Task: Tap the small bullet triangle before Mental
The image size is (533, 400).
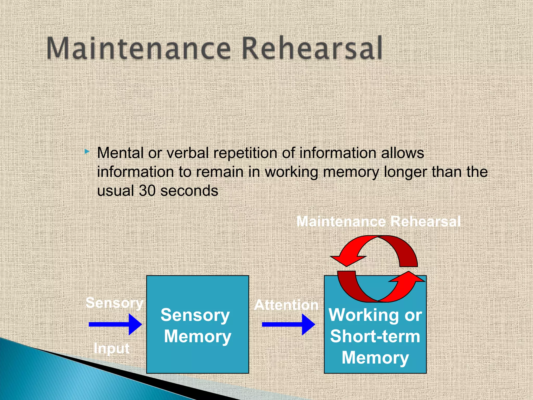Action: (87, 151)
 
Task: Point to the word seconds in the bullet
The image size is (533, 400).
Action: (189, 191)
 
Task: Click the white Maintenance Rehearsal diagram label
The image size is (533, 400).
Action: (378, 222)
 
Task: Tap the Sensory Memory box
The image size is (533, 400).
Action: (198, 324)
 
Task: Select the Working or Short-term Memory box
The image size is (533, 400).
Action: (375, 339)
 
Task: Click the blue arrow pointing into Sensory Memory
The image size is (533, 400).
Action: (115, 324)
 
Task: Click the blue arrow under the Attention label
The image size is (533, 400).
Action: (288, 324)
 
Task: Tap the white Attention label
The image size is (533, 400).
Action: (286, 305)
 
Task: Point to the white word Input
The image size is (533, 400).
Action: (111, 348)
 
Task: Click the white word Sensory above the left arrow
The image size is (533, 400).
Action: (114, 303)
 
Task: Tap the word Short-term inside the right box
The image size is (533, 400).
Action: (375, 336)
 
